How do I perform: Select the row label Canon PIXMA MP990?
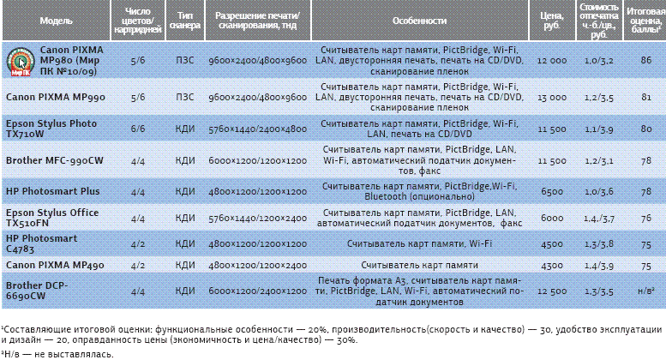point(56,98)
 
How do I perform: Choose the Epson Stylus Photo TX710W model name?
point(51,129)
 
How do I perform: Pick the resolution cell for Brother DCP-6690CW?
point(257,291)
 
